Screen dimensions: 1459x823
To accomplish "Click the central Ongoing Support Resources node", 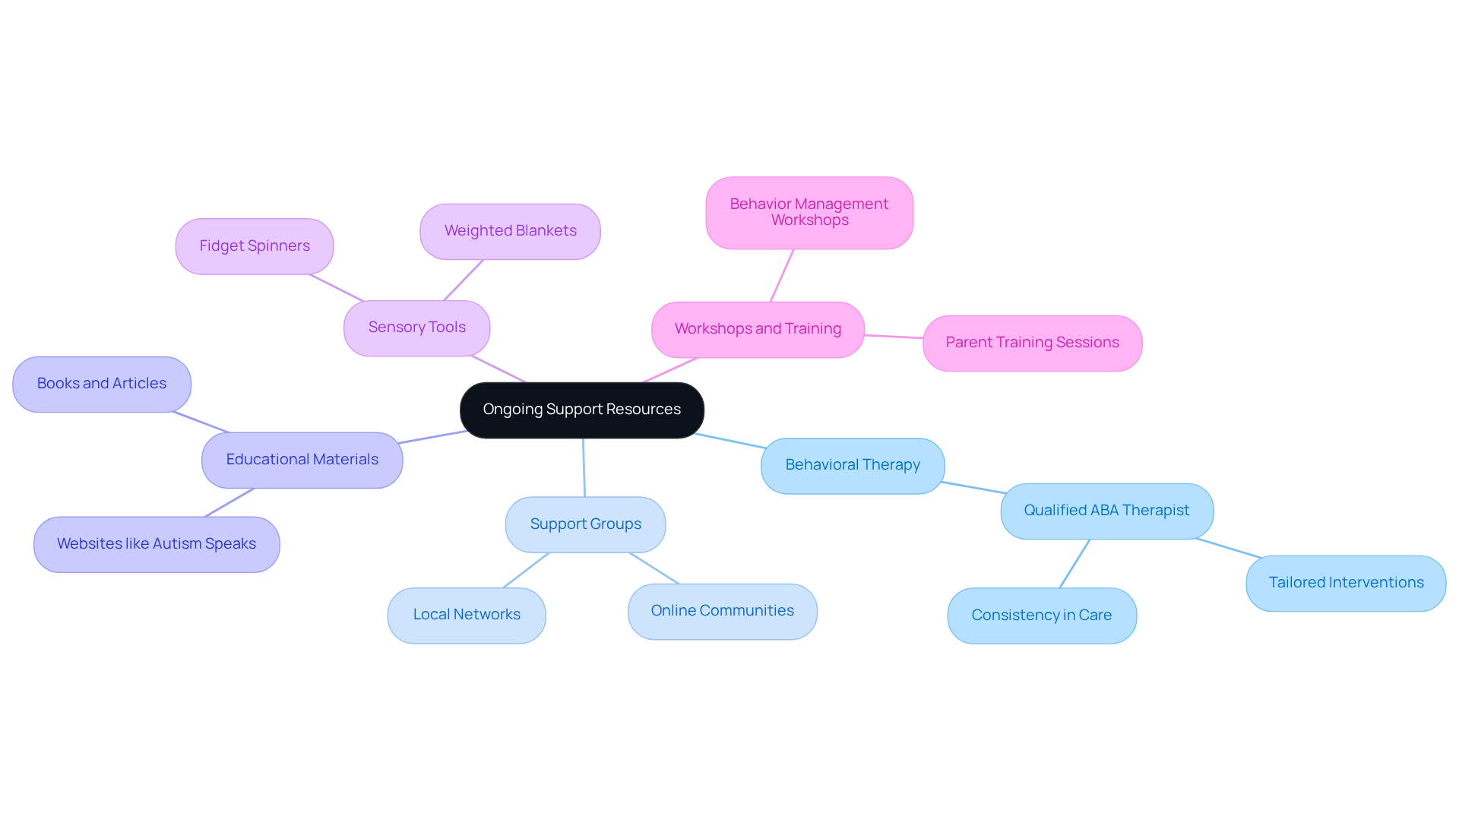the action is click(x=581, y=410).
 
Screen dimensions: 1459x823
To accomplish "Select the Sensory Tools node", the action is click(x=416, y=328).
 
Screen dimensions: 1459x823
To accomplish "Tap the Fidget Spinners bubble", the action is click(x=255, y=246).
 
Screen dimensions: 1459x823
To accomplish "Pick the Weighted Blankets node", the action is click(x=510, y=231).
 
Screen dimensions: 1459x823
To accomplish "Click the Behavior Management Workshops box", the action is click(x=809, y=213).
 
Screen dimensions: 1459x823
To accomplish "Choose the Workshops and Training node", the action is click(x=758, y=330).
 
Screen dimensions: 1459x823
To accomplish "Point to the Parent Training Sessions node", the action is click(x=1032, y=343).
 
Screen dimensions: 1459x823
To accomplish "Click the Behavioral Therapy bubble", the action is click(x=853, y=466).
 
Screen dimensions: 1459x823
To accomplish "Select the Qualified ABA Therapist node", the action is click(x=1106, y=511).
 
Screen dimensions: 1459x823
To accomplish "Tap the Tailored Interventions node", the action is click(x=1346, y=584).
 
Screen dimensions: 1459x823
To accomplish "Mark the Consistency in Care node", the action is click(x=1042, y=616).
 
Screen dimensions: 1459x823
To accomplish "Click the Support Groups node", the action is click(x=585, y=524).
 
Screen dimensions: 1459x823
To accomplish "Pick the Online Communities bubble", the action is click(x=722, y=612).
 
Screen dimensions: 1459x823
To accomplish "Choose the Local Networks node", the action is click(x=467, y=616).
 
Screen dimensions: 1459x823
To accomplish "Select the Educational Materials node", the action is click(x=302, y=461).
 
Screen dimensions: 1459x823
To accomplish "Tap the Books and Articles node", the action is click(x=102, y=385).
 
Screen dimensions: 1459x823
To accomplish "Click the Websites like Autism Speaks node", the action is click(x=157, y=545).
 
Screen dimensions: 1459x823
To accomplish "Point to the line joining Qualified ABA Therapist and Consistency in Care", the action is click(x=1074, y=564).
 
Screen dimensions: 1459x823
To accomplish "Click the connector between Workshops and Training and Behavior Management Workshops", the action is click(x=782, y=276).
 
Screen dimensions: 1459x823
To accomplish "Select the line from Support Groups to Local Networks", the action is click(x=526, y=570).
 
